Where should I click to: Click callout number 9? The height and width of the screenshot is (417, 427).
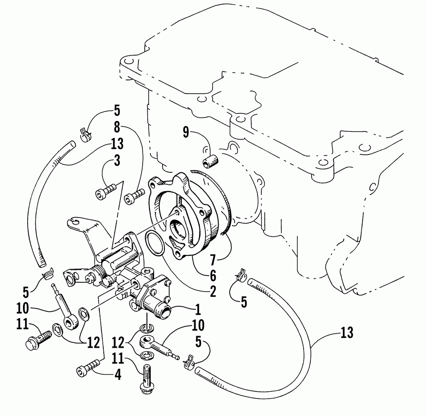186,132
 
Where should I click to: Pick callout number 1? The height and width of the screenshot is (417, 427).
198,308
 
